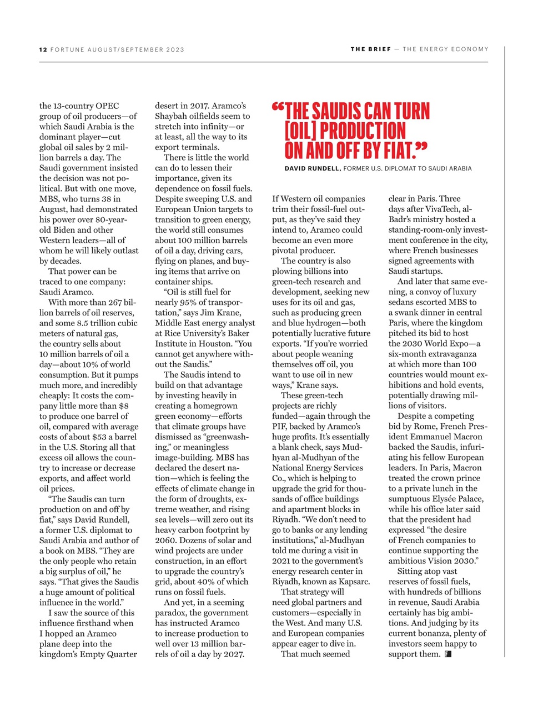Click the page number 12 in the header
[x=43, y=49]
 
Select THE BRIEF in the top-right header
[x=370, y=49]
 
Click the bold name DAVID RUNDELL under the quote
[x=312, y=168]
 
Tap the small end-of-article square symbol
[x=448, y=654]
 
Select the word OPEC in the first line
[x=107, y=106]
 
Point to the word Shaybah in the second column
[x=171, y=116]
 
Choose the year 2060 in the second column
[x=167, y=540]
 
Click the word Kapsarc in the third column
[x=352, y=582]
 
